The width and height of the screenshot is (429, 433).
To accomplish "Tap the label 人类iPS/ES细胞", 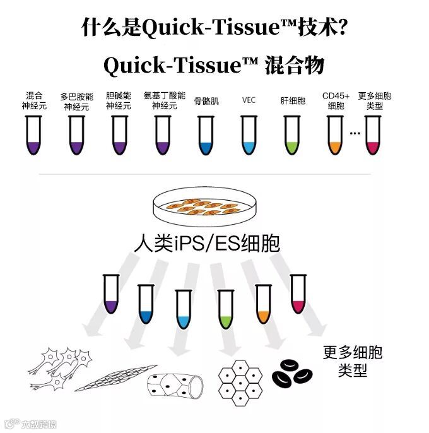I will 207,244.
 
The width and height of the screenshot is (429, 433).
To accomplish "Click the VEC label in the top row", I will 249,100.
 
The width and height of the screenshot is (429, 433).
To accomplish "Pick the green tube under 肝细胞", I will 291,137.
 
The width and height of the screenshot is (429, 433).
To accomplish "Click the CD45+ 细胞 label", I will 336,100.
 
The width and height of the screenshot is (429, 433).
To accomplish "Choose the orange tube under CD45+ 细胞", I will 335,137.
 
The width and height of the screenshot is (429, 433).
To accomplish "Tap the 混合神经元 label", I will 34,100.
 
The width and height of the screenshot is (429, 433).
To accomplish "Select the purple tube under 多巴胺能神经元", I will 77,137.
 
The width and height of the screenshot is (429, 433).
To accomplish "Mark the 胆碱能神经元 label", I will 119,100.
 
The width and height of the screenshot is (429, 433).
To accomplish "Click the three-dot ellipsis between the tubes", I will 354,133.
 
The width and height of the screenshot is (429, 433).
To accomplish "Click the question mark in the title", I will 339,27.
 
